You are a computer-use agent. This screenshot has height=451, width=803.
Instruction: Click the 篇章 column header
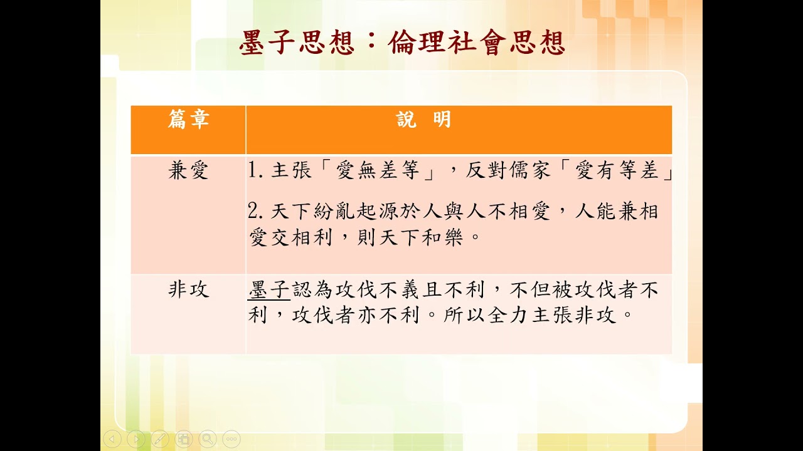pyautogui.click(x=189, y=120)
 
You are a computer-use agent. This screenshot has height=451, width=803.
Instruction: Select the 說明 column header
pyautogui.click(x=423, y=120)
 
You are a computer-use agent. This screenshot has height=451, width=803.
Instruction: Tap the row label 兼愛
pyautogui.click(x=189, y=170)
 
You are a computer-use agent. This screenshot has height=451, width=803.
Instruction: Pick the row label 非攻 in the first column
pyautogui.click(x=189, y=289)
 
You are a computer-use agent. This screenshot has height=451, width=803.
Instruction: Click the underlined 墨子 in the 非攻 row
pyautogui.click(x=269, y=289)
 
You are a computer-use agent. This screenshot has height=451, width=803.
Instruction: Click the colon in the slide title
pyautogui.click(x=371, y=42)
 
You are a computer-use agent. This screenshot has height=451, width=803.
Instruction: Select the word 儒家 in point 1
pyautogui.click(x=528, y=170)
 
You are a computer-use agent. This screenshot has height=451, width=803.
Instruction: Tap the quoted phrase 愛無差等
pyautogui.click(x=378, y=170)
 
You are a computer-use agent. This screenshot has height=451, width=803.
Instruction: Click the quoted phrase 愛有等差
pyautogui.click(x=617, y=170)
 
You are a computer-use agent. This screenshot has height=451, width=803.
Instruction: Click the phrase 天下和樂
pyautogui.click(x=420, y=237)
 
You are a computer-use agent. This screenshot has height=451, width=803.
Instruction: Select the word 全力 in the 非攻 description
pyautogui.click(x=509, y=315)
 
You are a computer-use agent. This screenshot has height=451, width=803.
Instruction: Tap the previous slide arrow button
pyautogui.click(x=112, y=439)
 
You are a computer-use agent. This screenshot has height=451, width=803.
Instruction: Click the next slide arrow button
pyautogui.click(x=136, y=439)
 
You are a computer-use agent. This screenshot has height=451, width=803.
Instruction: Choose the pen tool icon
pyautogui.click(x=160, y=439)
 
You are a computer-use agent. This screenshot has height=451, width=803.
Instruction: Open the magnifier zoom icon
pyautogui.click(x=208, y=439)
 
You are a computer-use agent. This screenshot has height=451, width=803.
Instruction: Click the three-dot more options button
pyautogui.click(x=231, y=439)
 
